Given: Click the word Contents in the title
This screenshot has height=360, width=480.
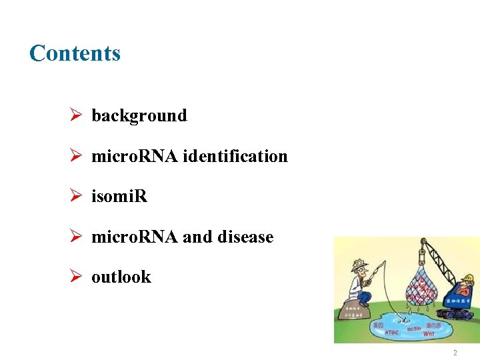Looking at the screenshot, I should [x=75, y=53].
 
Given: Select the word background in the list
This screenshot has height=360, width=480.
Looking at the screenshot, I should [x=139, y=116].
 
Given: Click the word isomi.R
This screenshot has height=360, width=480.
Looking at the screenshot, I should [x=119, y=197].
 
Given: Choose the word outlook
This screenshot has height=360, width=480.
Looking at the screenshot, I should [x=121, y=277].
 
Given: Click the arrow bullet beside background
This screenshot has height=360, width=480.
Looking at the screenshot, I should [x=76, y=116].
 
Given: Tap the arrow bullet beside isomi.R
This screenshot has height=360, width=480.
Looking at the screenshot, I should [x=76, y=197].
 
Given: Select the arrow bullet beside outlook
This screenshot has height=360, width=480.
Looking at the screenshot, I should [x=76, y=277].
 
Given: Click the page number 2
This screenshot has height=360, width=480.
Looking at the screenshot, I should [x=455, y=353].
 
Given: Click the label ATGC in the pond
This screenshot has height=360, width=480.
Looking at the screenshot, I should [x=392, y=332].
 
